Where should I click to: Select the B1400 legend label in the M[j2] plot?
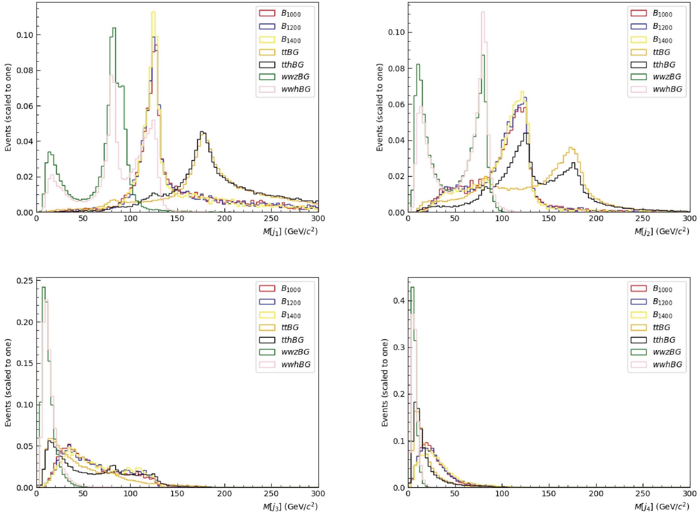point(662,40)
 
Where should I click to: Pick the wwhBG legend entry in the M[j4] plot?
point(667,364)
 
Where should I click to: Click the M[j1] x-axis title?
point(290,231)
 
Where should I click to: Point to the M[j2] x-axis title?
point(662,231)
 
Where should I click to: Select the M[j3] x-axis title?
point(290,506)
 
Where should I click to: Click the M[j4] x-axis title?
point(662,506)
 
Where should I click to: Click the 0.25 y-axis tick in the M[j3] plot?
point(25,281)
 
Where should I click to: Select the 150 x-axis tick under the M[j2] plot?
point(548,219)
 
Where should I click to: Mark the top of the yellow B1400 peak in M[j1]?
point(153,12)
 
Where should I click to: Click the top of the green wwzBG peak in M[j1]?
point(114,28)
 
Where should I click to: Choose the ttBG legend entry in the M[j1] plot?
point(290,52)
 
